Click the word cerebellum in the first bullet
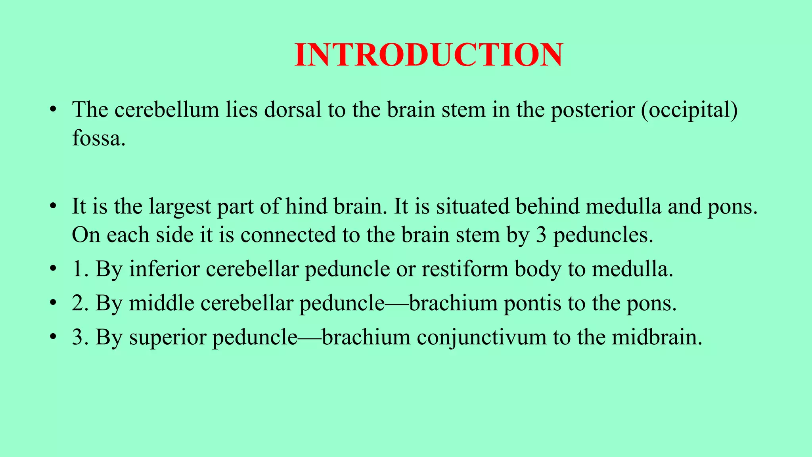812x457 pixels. [167, 109]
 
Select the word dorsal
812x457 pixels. [293, 109]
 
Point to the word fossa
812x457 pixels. [98, 138]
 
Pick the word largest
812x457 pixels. [180, 207]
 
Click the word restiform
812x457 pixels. [465, 269]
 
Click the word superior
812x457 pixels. [168, 338]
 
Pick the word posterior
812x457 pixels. [592, 110]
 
